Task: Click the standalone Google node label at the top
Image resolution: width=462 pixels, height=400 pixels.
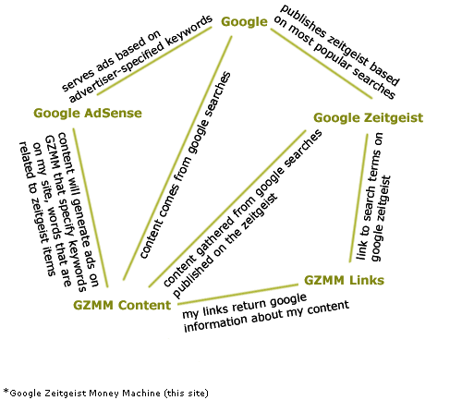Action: pyautogui.click(x=244, y=22)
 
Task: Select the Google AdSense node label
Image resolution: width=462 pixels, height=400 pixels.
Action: pyautogui.click(x=88, y=114)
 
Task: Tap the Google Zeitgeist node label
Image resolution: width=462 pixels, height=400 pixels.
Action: pyautogui.click(x=369, y=118)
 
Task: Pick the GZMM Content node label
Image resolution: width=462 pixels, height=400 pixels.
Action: pyautogui.click(x=122, y=305)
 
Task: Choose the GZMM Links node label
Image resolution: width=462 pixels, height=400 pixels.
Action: pyautogui.click(x=344, y=280)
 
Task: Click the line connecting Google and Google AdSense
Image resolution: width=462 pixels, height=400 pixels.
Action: pyautogui.click(x=154, y=61)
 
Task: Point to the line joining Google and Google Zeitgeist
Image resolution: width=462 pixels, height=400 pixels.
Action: pyautogui.click(x=322, y=64)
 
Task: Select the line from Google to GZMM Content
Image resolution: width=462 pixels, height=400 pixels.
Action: pyautogui.click(x=177, y=158)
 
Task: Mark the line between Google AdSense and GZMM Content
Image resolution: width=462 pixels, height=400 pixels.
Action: pyautogui.click(x=91, y=208)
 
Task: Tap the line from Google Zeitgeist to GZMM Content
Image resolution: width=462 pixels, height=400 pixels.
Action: pyautogui.click(x=227, y=209)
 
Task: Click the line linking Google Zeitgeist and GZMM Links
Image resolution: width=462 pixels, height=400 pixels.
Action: pyautogui.click(x=359, y=198)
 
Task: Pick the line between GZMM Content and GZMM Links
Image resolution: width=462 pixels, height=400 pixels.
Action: pyautogui.click(x=237, y=295)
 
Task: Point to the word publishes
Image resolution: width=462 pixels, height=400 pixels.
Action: pyautogui.click(x=303, y=22)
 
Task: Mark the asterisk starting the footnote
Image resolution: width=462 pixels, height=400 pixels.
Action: pyautogui.click(x=6, y=392)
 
